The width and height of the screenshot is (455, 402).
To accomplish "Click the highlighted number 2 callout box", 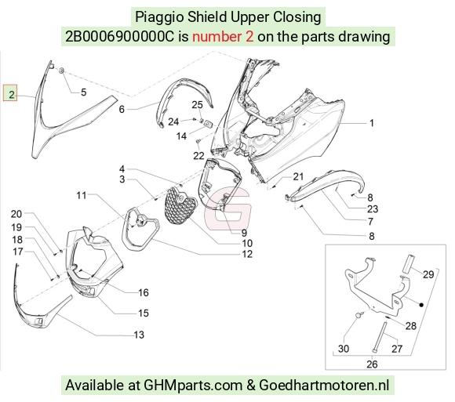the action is click(x=10, y=93).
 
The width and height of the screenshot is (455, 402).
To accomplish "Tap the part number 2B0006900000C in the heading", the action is click(x=120, y=37).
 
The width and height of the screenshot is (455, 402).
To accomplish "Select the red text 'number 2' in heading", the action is click(x=223, y=37).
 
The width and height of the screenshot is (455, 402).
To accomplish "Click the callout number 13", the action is click(x=139, y=335).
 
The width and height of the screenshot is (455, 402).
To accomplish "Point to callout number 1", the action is click(x=372, y=123).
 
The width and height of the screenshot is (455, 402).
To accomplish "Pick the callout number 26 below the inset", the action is click(x=372, y=364).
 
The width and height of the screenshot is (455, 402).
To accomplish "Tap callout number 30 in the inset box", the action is click(x=344, y=349).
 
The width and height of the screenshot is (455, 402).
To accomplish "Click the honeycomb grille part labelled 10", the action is click(x=180, y=205).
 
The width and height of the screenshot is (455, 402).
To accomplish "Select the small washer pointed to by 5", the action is click(x=61, y=71).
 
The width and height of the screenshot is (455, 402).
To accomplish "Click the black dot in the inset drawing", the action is click(x=421, y=305).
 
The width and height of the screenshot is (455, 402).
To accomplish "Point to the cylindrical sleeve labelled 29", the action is click(x=408, y=264).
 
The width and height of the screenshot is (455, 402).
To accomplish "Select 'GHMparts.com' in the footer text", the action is click(x=193, y=386).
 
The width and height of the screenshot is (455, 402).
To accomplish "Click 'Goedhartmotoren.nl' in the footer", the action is click(x=324, y=386).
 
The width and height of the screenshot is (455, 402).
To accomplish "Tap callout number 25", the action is click(x=198, y=105).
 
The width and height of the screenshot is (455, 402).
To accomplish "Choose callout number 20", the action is click(x=16, y=214).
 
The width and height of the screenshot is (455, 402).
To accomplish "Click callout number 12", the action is click(x=247, y=254).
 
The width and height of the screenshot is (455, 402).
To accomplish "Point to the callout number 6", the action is click(x=122, y=109).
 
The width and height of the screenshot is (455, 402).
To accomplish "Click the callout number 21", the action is click(x=298, y=176).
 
